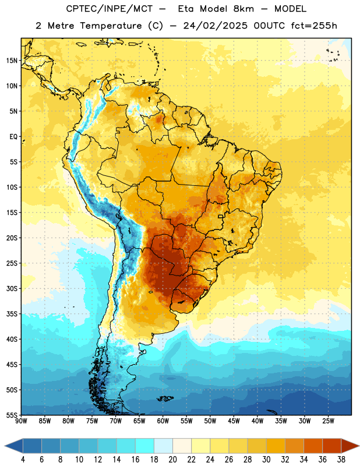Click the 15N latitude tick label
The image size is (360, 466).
(x=12, y=61)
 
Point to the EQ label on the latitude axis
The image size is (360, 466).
(x=13, y=137)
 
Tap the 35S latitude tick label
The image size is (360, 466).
(x=12, y=314)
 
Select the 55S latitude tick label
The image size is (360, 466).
(x=12, y=415)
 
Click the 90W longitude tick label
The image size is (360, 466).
(x=21, y=421)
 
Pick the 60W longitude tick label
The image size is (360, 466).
(x=163, y=421)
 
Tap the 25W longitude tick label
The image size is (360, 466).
(x=328, y=421)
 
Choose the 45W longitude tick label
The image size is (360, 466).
(x=234, y=421)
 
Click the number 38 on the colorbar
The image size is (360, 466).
(x=341, y=460)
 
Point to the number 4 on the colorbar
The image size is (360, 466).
(x=23, y=460)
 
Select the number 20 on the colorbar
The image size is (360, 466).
(x=172, y=460)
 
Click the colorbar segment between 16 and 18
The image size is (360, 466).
(x=145, y=446)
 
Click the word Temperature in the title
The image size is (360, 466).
(x=111, y=26)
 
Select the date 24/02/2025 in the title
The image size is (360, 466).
(x=215, y=26)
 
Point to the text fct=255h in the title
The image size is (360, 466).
(x=314, y=26)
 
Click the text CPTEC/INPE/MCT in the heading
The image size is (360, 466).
(x=109, y=9)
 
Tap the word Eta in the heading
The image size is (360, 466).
(x=185, y=9)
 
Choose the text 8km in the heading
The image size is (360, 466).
(x=243, y=9)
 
